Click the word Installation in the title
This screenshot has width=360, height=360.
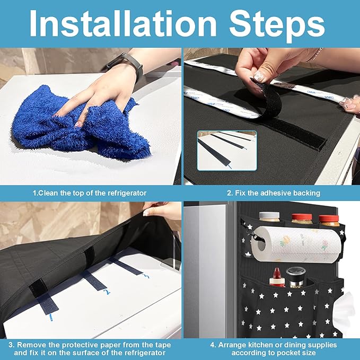pyautogui.click(x=123, y=23)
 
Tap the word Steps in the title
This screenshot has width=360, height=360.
pyautogui.click(x=277, y=25)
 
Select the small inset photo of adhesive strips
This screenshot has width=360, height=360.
pyautogui.click(x=227, y=151)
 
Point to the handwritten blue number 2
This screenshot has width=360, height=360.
pyautogui.click(x=107, y=292)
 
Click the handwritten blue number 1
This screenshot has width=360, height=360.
pyautogui.click(x=51, y=318)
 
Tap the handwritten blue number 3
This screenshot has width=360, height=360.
pyautogui.click(x=146, y=276)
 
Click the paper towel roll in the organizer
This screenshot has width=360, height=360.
pyautogui.click(x=296, y=244)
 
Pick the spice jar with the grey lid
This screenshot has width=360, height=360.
pyautogui.click(x=269, y=217)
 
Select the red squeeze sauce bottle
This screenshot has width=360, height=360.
pyautogui.click(x=277, y=277)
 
